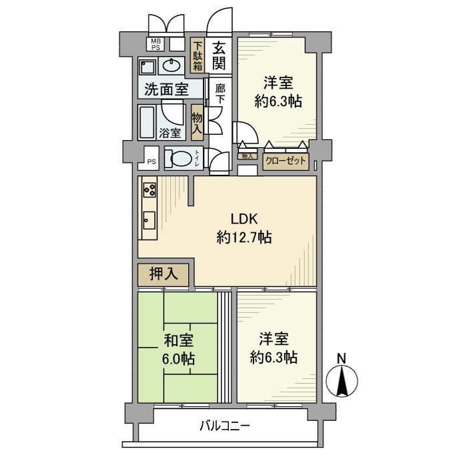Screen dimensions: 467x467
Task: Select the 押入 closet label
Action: point(163,274)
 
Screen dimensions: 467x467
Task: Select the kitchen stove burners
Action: point(149,190)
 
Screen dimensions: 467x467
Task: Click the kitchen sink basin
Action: point(148,220)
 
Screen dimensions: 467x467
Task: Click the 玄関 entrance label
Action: point(219,56)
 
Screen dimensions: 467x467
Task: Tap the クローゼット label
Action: point(286,161)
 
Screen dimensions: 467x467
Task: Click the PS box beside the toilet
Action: point(151,161)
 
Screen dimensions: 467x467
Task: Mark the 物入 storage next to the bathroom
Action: point(197,123)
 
